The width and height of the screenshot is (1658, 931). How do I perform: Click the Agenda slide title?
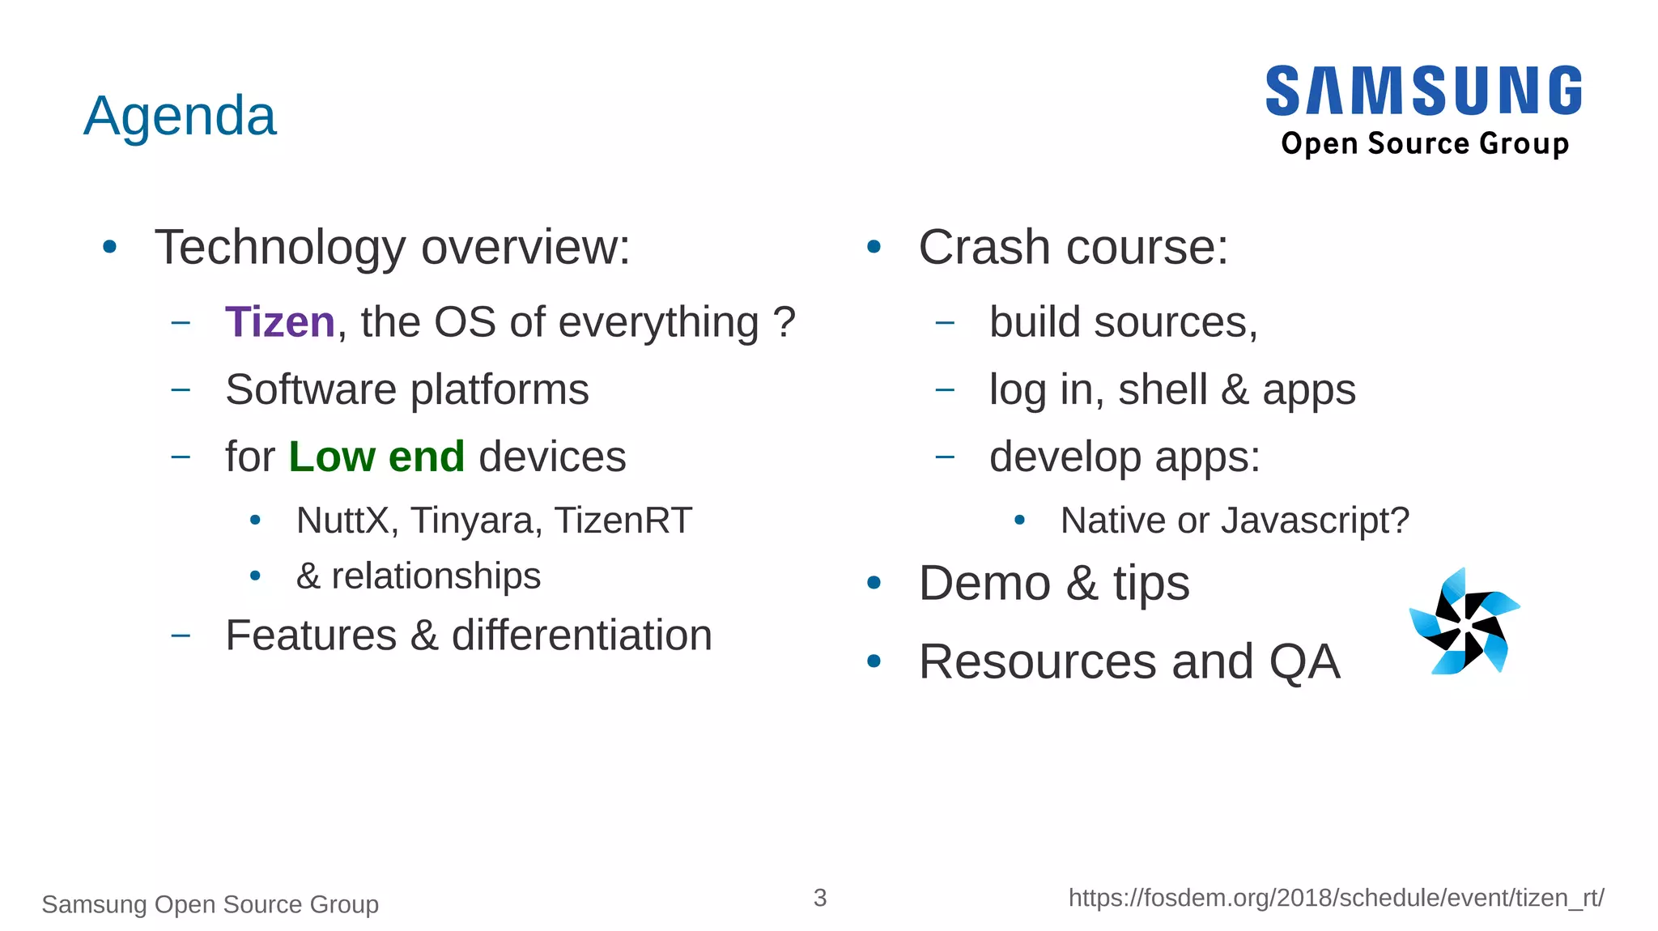pyautogui.click(x=180, y=116)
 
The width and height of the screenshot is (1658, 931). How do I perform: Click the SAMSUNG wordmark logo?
pyautogui.click(x=1424, y=91)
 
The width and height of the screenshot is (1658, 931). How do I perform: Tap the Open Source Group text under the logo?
pyautogui.click(x=1425, y=143)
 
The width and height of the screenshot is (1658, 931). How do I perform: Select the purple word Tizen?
pyautogui.click(x=279, y=322)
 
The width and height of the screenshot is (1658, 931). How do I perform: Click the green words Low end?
pyautogui.click(x=376, y=457)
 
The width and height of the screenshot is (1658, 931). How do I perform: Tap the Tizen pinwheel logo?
pyautogui.click(x=1465, y=622)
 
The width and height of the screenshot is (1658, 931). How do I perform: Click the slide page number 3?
pyautogui.click(x=820, y=897)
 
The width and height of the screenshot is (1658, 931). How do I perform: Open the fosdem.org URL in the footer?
pyautogui.click(x=1336, y=898)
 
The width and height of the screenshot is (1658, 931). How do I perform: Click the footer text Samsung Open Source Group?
pyautogui.click(x=210, y=903)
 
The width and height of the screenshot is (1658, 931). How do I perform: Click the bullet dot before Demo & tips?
pyautogui.click(x=874, y=583)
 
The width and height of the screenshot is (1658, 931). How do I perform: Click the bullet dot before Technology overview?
pyautogui.click(x=110, y=247)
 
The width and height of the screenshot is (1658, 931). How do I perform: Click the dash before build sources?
pyautogui.click(x=945, y=323)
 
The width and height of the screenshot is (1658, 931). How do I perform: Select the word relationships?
pyautogui.click(x=436, y=576)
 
